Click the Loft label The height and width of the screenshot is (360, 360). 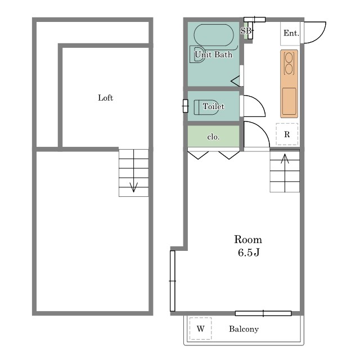105,98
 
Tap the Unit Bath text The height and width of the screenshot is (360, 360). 214,55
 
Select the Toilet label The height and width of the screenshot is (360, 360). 214,106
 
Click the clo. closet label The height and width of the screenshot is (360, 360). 213,137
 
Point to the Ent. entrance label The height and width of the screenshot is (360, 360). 291,33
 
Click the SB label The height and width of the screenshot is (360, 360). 246,30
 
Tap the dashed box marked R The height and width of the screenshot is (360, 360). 287,134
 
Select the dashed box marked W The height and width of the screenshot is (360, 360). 200,328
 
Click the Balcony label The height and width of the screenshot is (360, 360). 244,329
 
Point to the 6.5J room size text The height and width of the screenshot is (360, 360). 249,253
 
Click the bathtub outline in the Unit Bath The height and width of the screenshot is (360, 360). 214,35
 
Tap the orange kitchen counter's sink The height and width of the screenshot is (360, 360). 289,101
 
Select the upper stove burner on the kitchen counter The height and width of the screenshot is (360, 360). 289,57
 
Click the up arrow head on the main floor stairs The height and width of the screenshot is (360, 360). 285,159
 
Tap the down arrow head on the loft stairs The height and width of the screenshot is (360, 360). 134,187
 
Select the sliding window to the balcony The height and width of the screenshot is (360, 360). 263,313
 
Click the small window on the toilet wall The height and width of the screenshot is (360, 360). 186,106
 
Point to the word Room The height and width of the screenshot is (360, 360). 248,240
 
